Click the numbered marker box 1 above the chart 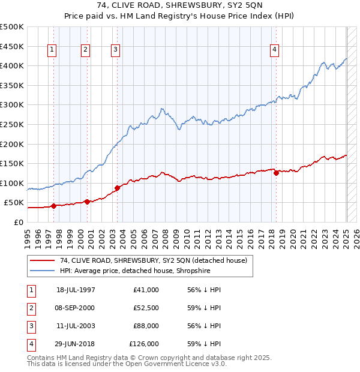click(x=53, y=50)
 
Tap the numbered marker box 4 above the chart click(x=274, y=50)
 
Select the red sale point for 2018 click(x=276, y=173)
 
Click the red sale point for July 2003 click(x=118, y=188)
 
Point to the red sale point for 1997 click(x=53, y=206)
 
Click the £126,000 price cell click(x=144, y=344)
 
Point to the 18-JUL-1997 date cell click(x=76, y=290)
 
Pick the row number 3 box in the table click(x=31, y=326)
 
